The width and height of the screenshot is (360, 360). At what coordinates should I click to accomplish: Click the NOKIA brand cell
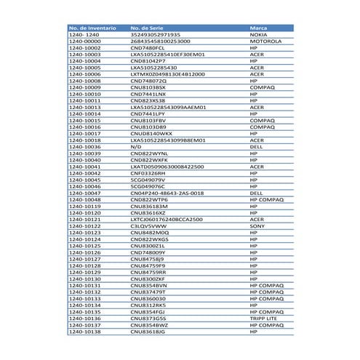coord(258,34)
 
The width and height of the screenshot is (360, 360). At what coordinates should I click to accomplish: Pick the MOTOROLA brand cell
coord(265,41)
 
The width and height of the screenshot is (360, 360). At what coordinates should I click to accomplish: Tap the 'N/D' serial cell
coord(135,146)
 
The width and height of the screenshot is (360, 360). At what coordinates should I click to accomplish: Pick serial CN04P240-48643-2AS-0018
coord(167,192)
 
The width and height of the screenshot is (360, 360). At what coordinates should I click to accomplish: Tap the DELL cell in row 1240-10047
coord(256,192)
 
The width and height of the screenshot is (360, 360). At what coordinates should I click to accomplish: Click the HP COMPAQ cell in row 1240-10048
coord(265,199)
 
